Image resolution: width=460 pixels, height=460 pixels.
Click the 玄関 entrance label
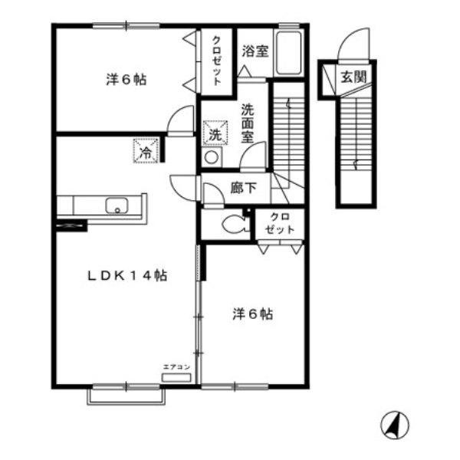click(x=354, y=76)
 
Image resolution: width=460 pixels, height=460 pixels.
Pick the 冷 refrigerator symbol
click(x=146, y=149)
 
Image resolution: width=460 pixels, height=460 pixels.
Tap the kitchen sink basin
click(x=117, y=205)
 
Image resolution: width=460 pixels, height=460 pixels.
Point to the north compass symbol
click(x=395, y=424)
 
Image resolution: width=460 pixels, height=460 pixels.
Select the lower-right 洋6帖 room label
click(x=252, y=314)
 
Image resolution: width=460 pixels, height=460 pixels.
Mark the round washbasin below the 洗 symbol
click(x=211, y=157)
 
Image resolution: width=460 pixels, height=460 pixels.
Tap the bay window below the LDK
click(x=128, y=394)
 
